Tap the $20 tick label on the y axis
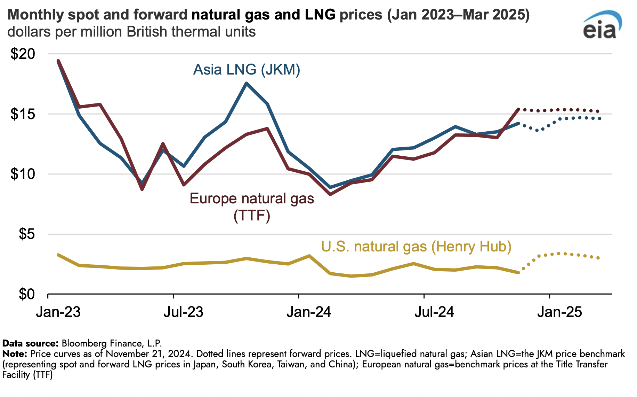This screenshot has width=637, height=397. click(23, 54)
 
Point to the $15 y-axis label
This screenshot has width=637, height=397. click(23, 114)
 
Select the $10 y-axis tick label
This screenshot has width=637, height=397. click(23, 174)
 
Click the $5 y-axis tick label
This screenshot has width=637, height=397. click(27, 234)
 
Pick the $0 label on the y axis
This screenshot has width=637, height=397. click(27, 294)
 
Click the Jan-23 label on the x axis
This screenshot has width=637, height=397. click(58, 312)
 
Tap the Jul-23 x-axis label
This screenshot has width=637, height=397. click(183, 312)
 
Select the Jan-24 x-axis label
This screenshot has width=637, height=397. click(309, 312)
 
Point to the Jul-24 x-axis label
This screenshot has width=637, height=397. click(434, 312)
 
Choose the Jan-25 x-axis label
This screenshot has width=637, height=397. click(559, 312)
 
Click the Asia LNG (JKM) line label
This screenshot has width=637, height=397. click(247, 70)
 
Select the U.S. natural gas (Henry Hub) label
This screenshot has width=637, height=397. click(416, 247)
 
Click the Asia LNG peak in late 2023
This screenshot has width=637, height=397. click(246, 83)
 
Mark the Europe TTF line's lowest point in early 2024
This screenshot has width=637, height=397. click(330, 194)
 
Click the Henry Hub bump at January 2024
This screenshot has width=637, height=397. click(309, 256)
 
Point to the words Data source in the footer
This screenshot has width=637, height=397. click(30, 343)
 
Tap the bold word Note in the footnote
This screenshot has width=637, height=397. click(14, 354)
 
